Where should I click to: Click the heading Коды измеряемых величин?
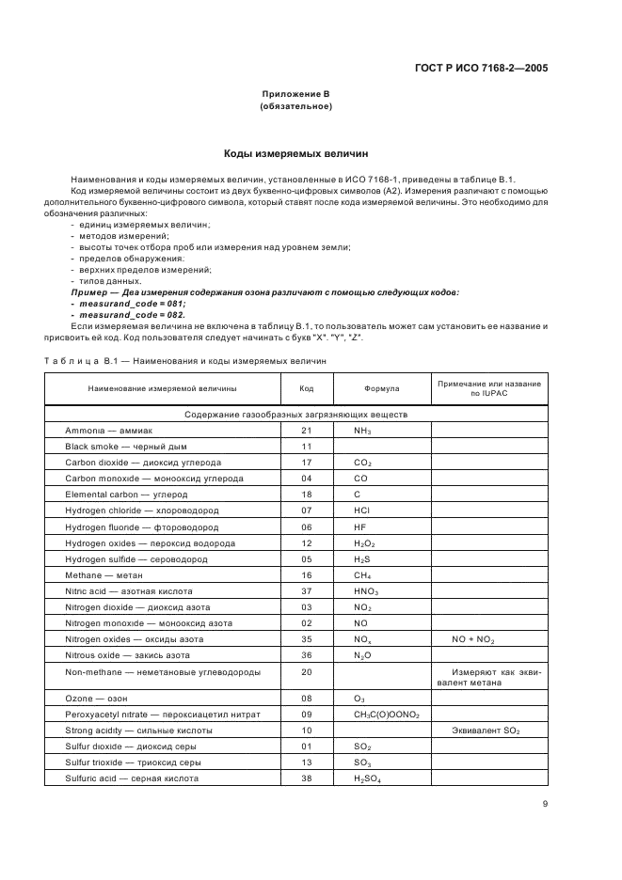tap(295, 152)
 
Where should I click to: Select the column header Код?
tap(306, 388)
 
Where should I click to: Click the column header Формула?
tap(381, 388)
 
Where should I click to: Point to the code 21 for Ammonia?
tap(306, 430)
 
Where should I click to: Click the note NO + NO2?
tap(487, 639)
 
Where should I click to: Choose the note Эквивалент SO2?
tap(487, 731)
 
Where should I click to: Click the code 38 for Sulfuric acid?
tap(306, 778)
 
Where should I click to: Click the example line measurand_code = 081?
tap(128, 303)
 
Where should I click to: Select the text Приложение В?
tap(295, 95)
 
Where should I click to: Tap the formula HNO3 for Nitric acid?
tap(365, 591)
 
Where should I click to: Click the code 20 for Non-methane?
tap(306, 671)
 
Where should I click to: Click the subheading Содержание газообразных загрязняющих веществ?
tap(295, 414)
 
